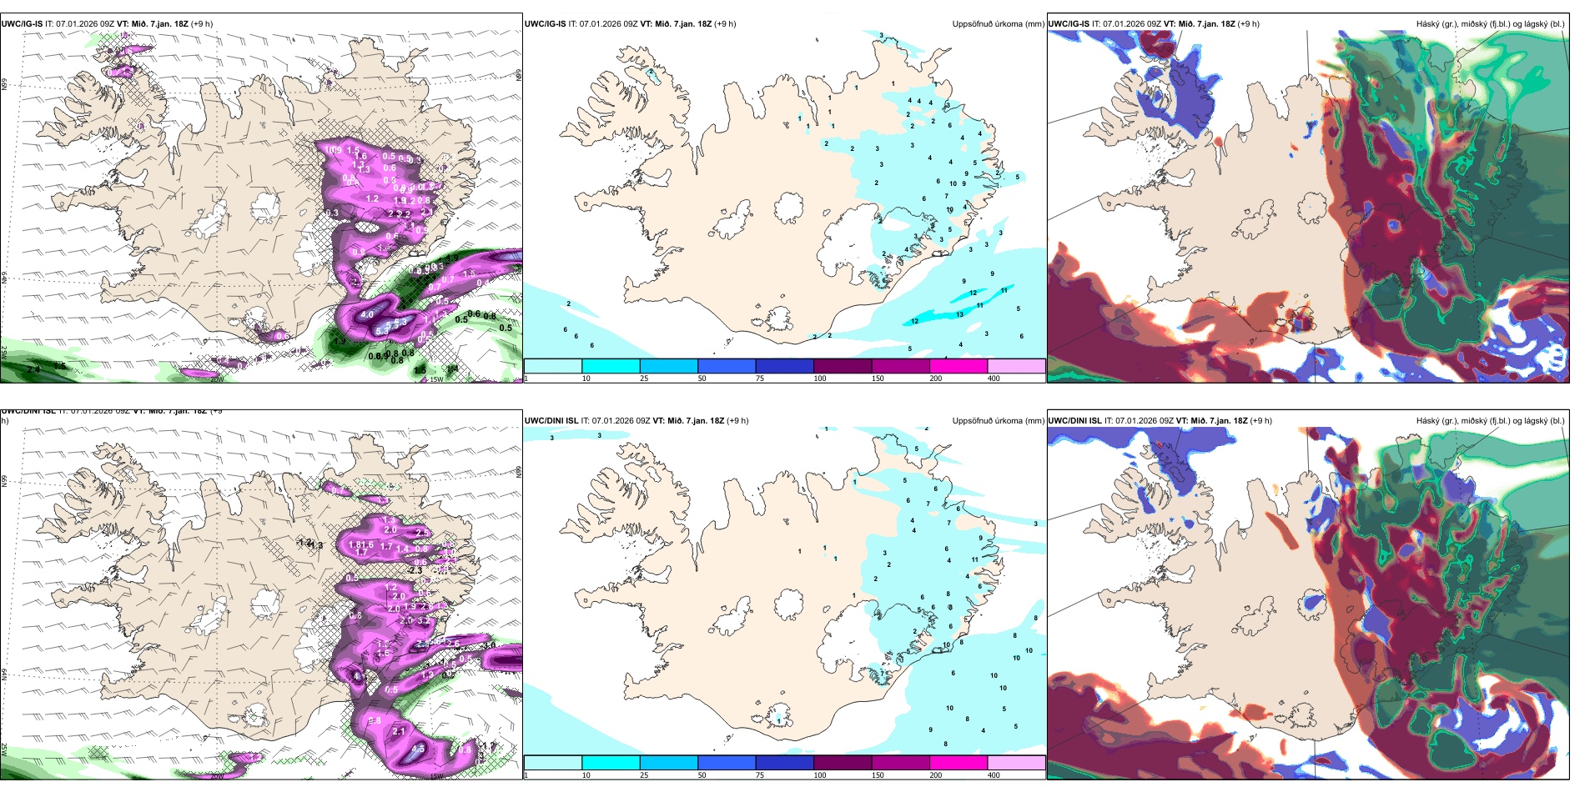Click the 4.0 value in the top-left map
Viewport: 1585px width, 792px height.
click(x=367, y=315)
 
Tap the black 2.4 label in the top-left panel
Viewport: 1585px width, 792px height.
click(x=33, y=368)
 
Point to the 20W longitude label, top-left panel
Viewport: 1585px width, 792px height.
click(x=217, y=379)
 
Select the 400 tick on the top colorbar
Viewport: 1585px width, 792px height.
click(x=994, y=378)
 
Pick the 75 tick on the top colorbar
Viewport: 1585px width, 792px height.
click(x=760, y=378)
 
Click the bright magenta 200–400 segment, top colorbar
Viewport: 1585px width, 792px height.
click(x=959, y=366)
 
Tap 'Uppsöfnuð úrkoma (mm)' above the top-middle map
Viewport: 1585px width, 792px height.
click(x=998, y=24)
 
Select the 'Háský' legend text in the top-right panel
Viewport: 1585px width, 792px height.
click(x=1428, y=24)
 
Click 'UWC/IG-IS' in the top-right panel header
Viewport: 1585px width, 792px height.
click(x=1069, y=24)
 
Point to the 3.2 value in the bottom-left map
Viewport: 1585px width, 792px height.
click(x=423, y=620)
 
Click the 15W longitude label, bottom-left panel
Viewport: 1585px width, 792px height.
click(x=435, y=776)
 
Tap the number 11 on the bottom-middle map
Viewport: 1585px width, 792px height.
click(x=974, y=560)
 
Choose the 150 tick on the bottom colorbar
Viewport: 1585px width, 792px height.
click(x=877, y=775)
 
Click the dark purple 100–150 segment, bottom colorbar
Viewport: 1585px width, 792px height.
click(x=843, y=763)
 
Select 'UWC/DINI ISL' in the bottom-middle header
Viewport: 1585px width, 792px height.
click(x=551, y=421)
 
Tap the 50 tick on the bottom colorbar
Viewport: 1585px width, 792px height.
click(x=702, y=775)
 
